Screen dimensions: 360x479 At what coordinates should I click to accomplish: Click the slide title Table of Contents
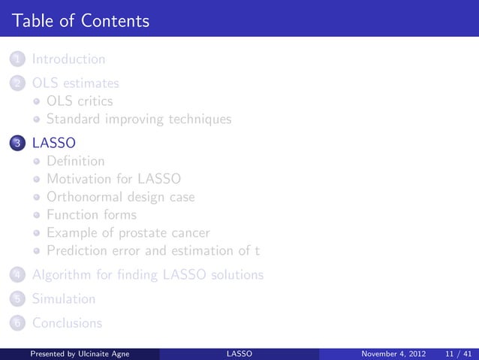click(x=80, y=20)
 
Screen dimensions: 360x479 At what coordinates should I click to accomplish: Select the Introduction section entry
click(x=68, y=59)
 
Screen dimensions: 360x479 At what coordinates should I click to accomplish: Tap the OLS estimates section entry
click(x=74, y=83)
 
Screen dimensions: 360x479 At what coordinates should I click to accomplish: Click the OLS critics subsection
click(x=80, y=101)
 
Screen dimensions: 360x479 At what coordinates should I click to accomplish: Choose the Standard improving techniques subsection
click(x=139, y=119)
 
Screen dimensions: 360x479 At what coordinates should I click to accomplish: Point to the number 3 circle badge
click(x=17, y=143)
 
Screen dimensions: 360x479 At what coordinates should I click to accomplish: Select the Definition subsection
click(x=75, y=161)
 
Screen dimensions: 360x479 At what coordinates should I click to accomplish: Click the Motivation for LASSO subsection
click(x=113, y=179)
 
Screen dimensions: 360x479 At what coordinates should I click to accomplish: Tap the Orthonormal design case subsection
click(x=120, y=197)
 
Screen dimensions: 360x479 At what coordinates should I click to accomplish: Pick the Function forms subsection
click(x=92, y=215)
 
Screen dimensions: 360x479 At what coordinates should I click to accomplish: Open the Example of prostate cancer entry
click(x=128, y=233)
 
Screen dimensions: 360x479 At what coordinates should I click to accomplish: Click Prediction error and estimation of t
click(x=153, y=251)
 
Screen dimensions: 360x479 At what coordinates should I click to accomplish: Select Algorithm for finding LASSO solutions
click(x=147, y=275)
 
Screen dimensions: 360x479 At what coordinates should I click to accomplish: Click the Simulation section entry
click(x=63, y=299)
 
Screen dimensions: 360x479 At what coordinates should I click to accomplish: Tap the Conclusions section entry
click(x=66, y=323)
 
